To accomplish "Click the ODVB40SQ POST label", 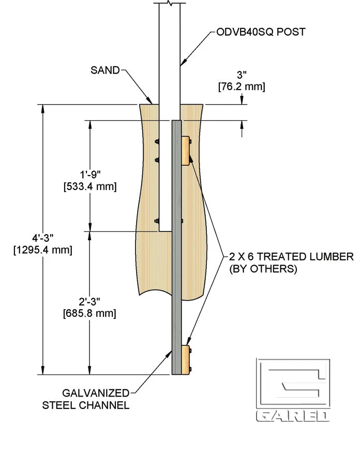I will click(x=261, y=32).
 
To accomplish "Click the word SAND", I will click(x=105, y=69).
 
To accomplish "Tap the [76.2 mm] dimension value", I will click(x=241, y=86).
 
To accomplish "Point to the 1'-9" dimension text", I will click(x=88, y=175).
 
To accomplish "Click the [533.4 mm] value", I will click(x=89, y=186).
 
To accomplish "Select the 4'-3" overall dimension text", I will click(x=42, y=238).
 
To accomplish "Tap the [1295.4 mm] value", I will click(x=42, y=250).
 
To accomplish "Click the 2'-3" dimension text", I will click(x=88, y=302).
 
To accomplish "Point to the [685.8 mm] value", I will click(x=89, y=313).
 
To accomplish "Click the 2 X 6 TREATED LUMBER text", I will click(x=291, y=256).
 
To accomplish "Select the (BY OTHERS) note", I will click(x=263, y=269).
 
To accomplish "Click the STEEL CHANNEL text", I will click(x=86, y=405).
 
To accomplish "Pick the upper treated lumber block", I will click(x=185, y=151).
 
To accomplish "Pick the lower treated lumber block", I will click(x=185, y=359).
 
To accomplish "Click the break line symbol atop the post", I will click(x=169, y=3).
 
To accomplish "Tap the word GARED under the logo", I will click(x=293, y=416).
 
